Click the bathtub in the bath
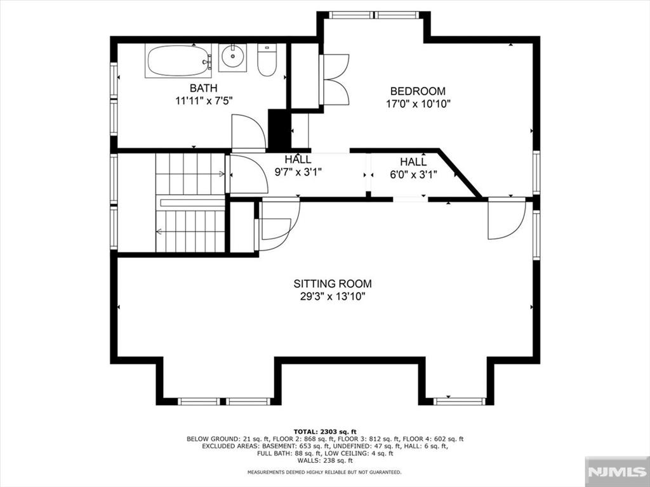click(178, 61)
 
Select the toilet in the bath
click(266, 60)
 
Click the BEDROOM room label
click(418, 91)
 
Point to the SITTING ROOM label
click(333, 283)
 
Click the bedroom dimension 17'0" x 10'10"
click(418, 103)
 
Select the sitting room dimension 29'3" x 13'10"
click(333, 297)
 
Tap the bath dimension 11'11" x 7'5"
click(203, 101)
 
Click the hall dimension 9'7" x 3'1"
click(298, 171)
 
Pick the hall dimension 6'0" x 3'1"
click(413, 174)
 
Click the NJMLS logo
click(617, 472)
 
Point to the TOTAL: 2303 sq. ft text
click(325, 431)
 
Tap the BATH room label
click(203, 88)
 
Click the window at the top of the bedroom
click(374, 15)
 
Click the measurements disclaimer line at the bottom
click(324, 472)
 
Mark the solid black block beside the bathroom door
click(279, 129)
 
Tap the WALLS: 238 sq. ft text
click(325, 460)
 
